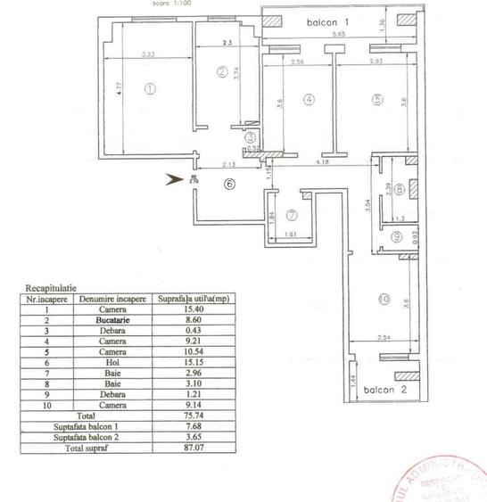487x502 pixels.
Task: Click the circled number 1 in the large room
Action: point(150,88)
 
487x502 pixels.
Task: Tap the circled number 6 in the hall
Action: point(228,185)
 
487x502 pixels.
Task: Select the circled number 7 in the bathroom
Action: point(292,214)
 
